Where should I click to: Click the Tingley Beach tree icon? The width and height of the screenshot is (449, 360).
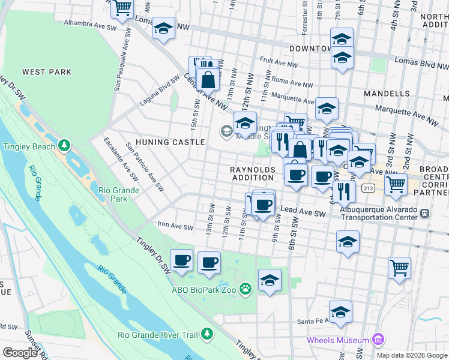click(x=64, y=146)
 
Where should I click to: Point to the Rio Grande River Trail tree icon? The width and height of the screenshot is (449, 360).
click(x=206, y=334)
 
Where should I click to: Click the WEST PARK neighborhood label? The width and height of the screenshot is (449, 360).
click(x=47, y=72)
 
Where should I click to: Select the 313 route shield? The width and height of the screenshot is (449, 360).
click(x=369, y=188)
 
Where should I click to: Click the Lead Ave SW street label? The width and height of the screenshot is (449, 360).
click(x=303, y=212)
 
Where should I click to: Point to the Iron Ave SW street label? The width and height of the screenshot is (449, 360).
click(x=175, y=227)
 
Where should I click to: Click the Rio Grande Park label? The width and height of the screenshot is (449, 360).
click(x=119, y=194)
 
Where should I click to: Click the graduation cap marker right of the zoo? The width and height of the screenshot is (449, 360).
click(x=270, y=280)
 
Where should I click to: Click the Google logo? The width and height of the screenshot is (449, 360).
click(x=20, y=352)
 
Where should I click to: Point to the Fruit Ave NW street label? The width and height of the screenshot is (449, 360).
click(x=279, y=61)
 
